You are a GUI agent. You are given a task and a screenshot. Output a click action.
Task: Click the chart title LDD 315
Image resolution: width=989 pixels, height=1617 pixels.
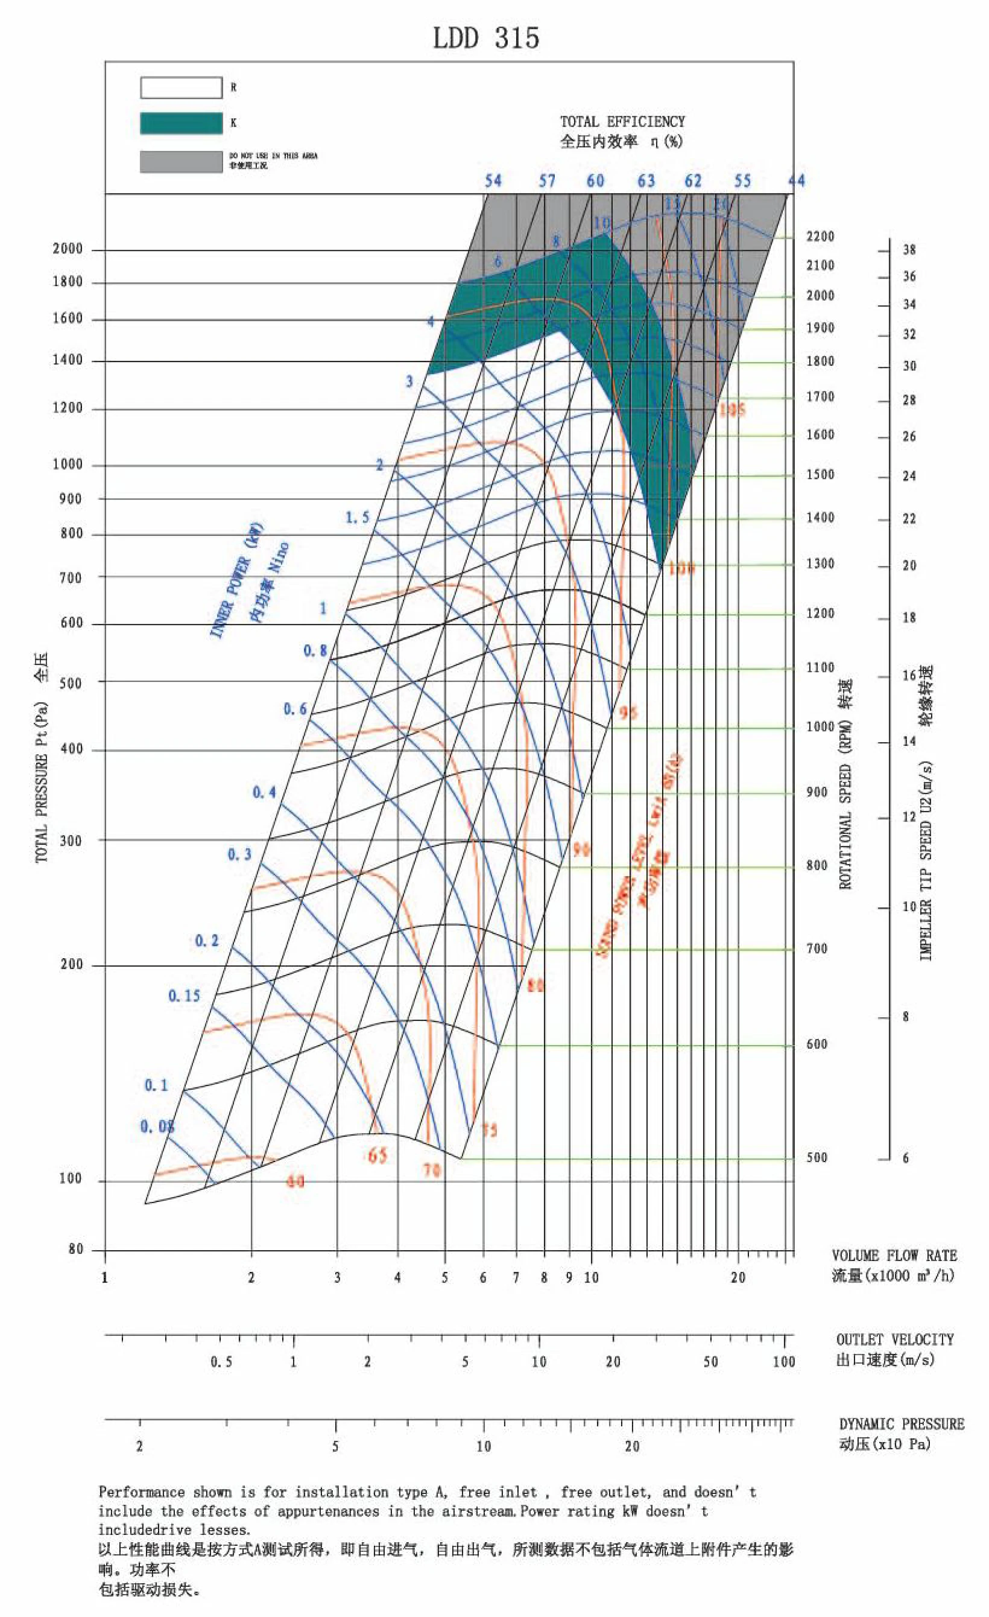click(x=486, y=39)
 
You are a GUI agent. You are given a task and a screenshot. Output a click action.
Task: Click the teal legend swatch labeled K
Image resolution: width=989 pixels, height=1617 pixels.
click(x=181, y=123)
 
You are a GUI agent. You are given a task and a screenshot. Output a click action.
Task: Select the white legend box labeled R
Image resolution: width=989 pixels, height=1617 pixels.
click(x=181, y=87)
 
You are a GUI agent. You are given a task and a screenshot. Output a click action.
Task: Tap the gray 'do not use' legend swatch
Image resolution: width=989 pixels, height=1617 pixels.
click(x=181, y=162)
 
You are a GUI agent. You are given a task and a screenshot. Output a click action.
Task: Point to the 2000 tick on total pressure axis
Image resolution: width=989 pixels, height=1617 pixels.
click(x=68, y=249)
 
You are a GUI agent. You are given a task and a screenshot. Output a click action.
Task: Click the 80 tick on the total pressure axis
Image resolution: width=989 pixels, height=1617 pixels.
click(x=76, y=1249)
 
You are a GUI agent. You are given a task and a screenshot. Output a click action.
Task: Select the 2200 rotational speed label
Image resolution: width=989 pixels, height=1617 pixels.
click(x=820, y=237)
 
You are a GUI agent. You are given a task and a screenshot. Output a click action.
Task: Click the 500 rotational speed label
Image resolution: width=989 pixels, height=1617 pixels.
click(x=817, y=1158)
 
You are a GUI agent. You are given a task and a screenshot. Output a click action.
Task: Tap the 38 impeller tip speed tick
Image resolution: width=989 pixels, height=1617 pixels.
click(x=909, y=249)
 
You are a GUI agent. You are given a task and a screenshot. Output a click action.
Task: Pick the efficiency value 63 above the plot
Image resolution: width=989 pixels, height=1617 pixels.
click(x=646, y=180)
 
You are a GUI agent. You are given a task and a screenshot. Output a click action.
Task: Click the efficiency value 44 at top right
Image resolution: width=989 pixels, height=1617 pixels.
click(x=795, y=180)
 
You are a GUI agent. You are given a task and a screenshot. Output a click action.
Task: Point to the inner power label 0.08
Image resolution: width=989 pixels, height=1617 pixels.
click(x=157, y=1127)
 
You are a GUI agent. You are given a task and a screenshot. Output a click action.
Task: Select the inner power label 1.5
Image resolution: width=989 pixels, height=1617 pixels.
click(x=358, y=517)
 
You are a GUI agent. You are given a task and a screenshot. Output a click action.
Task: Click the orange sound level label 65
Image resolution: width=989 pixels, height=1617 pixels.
click(x=377, y=1155)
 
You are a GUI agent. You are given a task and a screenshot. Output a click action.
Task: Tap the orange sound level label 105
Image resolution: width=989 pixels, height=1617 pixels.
click(x=732, y=410)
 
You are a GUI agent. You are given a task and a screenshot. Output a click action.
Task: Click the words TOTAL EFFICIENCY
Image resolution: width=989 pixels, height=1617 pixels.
click(x=622, y=121)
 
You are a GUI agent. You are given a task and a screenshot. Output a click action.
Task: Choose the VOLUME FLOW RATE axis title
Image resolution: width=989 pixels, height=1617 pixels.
click(x=894, y=1256)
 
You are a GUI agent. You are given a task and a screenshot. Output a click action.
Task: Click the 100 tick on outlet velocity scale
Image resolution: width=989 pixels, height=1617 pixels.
click(x=784, y=1362)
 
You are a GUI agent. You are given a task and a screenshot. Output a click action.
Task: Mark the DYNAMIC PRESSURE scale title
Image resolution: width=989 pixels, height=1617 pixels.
click(x=901, y=1424)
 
